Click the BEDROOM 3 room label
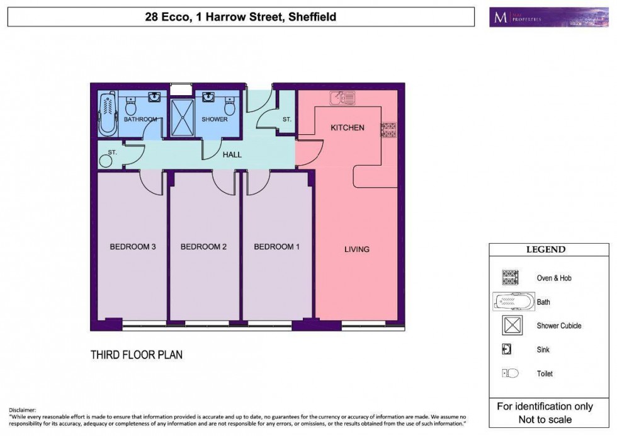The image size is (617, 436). click(133, 247)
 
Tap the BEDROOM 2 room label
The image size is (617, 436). click(203, 247)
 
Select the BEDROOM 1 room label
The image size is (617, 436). click(277, 247)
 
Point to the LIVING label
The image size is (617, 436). click(356, 250)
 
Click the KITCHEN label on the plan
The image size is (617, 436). click(348, 128)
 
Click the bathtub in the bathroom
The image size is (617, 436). click(108, 113)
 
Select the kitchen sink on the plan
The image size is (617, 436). click(343, 98)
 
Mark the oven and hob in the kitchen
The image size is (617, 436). click(388, 129)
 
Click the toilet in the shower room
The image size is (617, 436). click(229, 109)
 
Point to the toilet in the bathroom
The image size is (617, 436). click(131, 108)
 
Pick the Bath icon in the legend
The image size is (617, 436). click(513, 302)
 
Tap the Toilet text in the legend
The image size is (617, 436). click(545, 374)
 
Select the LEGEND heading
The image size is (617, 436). click(545, 250)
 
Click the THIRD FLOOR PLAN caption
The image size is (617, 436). click(137, 355)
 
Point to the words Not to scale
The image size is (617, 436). click(545, 419)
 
